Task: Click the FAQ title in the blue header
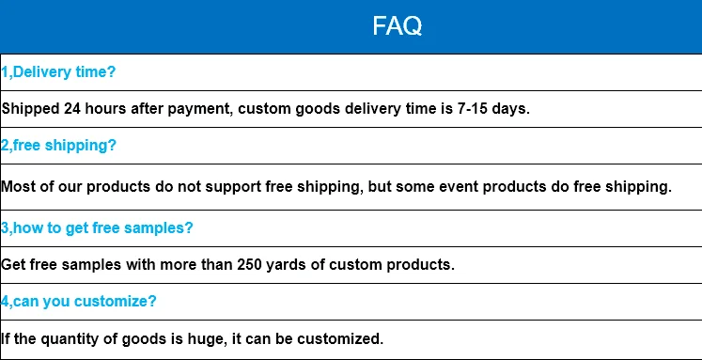[x=398, y=26]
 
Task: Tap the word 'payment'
[x=199, y=109]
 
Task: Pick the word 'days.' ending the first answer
[x=511, y=109]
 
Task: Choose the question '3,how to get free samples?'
[x=97, y=228]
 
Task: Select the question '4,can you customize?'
[x=78, y=302]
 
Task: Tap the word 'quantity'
[x=70, y=338]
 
